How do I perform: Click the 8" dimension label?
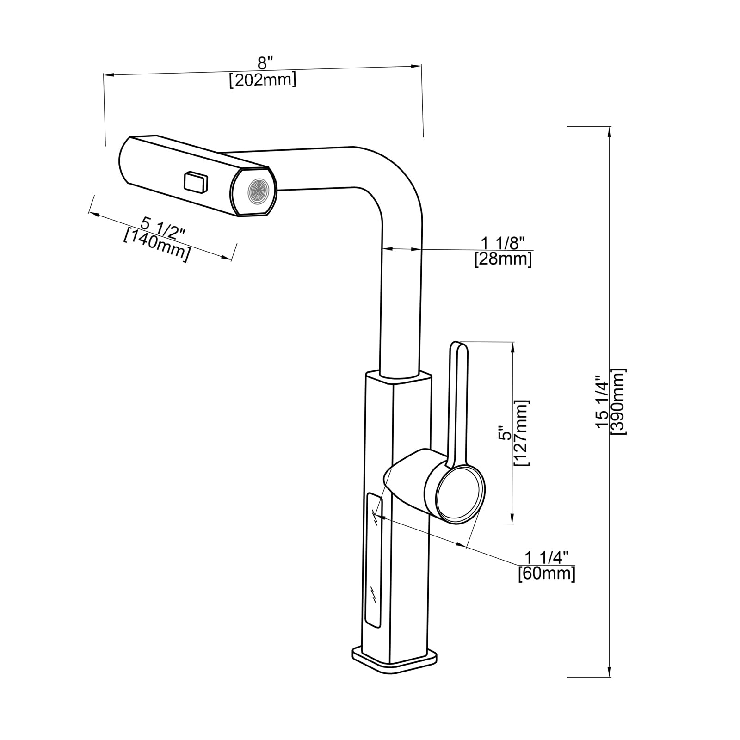(265, 62)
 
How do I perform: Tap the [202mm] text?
(263, 80)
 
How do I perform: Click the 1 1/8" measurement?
(503, 242)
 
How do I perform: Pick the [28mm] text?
(503, 259)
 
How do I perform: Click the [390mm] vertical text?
(618, 401)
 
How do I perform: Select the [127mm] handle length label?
(522, 433)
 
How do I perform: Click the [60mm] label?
(547, 574)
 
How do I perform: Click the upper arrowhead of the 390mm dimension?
(610, 131)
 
